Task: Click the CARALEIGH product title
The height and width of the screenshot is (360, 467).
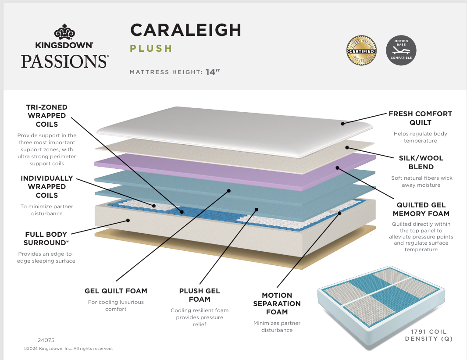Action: point(185,30)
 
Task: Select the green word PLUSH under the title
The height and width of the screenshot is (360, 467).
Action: point(151,49)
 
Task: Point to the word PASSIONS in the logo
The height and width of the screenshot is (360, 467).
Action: point(64,61)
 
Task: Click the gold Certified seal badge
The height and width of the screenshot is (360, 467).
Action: point(362,51)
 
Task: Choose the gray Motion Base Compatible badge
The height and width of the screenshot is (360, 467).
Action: point(401,51)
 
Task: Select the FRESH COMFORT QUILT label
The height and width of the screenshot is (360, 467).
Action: point(420,118)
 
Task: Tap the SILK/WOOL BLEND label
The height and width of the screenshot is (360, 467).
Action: point(421,162)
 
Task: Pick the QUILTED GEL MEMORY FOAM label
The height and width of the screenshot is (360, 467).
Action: point(421,209)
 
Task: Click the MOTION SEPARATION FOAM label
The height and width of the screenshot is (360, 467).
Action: point(277,303)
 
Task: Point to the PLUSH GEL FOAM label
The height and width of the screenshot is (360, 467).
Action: point(200,295)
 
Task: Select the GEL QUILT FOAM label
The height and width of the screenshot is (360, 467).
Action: point(116,291)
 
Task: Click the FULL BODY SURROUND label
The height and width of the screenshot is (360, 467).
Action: point(46,239)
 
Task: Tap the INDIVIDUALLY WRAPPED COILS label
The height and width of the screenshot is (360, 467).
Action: point(46,187)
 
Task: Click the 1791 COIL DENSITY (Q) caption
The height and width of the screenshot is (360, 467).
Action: point(428,335)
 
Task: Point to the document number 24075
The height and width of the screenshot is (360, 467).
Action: point(46,340)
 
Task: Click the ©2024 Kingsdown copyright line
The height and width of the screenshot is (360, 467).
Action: point(68,349)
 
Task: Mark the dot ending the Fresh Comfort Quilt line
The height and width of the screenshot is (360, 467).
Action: point(342,124)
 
